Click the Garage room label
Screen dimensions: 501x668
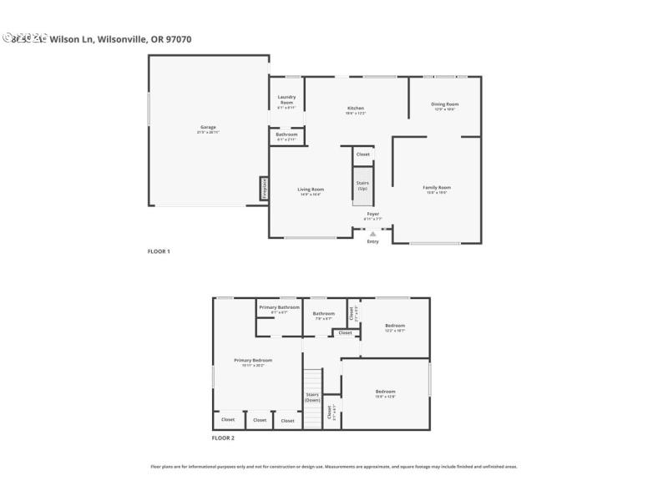pos(207,127)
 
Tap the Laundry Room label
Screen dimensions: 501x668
pos(286,99)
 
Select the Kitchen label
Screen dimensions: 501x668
pos(356,107)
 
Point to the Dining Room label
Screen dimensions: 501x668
pos(444,104)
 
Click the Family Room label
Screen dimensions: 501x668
pos(437,187)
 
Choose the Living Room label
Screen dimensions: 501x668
pos(311,190)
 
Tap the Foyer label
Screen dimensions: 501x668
pos(372,214)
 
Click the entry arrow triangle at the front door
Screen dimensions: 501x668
pos(372,234)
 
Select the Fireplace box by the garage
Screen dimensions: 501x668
pos(264,189)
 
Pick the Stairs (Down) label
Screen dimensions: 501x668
pos(312,397)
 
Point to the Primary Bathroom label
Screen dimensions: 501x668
pos(279,307)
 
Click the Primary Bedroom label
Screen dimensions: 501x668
pos(252,360)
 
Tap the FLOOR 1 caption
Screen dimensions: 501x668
pos(159,251)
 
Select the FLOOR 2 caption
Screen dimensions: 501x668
pos(223,438)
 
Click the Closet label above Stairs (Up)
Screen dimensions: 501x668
pos(362,154)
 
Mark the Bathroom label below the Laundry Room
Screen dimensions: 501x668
pos(286,134)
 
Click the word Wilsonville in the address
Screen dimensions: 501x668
pos(124,38)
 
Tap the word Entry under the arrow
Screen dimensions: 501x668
pos(372,242)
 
